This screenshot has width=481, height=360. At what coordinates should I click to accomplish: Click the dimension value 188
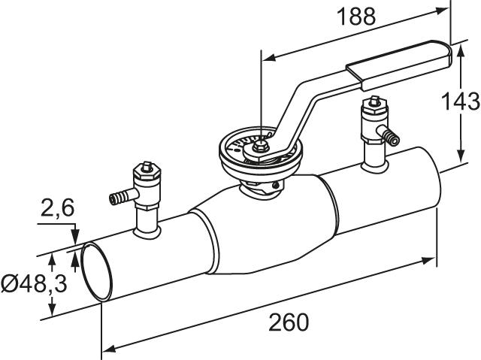pyautogui.click(x=355, y=17)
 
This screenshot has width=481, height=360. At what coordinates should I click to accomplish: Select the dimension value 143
pyautogui.click(x=461, y=101)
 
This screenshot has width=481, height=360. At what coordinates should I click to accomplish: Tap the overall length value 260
pyautogui.click(x=289, y=322)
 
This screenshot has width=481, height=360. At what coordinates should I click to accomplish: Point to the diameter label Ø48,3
pyautogui.click(x=34, y=283)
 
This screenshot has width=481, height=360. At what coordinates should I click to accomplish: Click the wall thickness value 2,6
pyautogui.click(x=57, y=208)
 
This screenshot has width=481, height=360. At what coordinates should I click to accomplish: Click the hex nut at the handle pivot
pyautogui.click(x=260, y=147)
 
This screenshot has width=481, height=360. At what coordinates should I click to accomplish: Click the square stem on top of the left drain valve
pyautogui.click(x=146, y=166)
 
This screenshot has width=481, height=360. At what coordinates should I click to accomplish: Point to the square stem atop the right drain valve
pyautogui.click(x=374, y=100)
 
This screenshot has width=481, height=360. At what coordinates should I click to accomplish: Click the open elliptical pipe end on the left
pyautogui.click(x=97, y=271)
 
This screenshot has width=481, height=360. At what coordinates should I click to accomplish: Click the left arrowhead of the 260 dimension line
pyautogui.click(x=108, y=349)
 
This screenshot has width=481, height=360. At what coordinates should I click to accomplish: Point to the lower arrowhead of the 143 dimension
pyautogui.click(x=461, y=155)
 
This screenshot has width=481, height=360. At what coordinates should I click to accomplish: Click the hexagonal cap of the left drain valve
pyautogui.click(x=147, y=174)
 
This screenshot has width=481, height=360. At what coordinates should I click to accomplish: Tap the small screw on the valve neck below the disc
pyautogui.click(x=276, y=185)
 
